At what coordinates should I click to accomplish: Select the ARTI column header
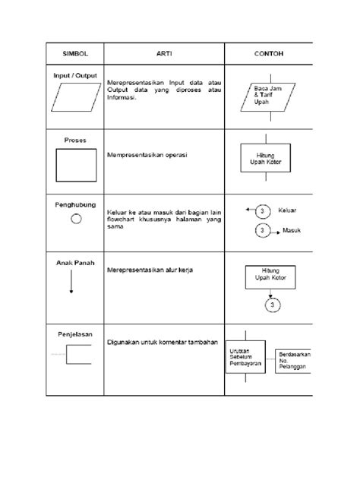[164, 54]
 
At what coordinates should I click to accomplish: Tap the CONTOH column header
[268, 54]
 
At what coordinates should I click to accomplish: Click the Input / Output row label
[75, 76]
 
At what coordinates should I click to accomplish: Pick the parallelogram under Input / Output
[75, 96]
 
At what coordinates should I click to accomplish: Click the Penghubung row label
[75, 204]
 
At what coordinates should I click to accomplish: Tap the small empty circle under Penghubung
[75, 219]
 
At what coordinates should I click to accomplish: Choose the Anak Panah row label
[75, 262]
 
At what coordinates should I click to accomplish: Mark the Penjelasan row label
[75, 332]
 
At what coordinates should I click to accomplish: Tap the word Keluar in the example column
[289, 210]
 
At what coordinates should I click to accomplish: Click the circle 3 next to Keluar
[261, 210]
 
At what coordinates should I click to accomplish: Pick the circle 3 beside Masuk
[262, 229]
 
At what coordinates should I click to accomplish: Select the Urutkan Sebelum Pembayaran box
[245, 357]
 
